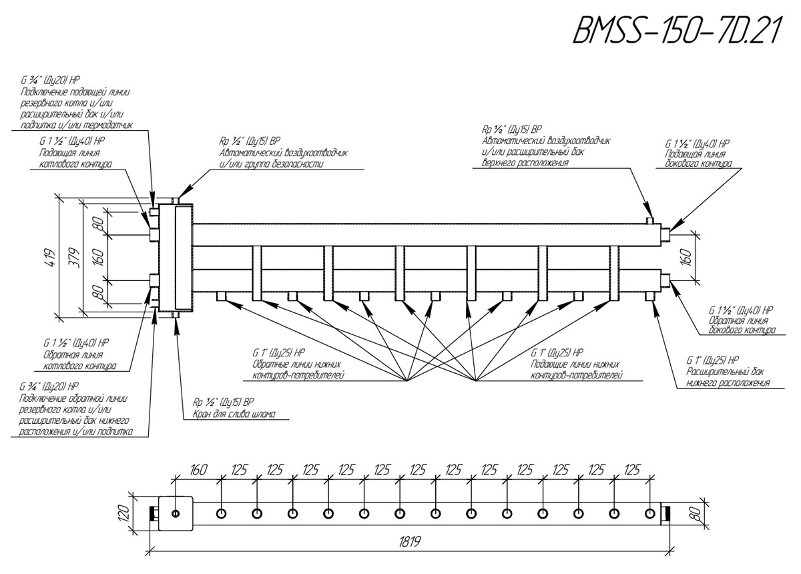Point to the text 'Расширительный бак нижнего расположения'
pos(728,377)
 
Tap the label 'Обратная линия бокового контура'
pos(741,325)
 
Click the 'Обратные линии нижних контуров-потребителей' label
pos(298,370)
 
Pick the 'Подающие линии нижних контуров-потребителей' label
pos(577,370)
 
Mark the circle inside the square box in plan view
pos(175,513)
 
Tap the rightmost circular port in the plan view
pos(649,513)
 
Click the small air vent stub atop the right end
pos(649,220)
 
